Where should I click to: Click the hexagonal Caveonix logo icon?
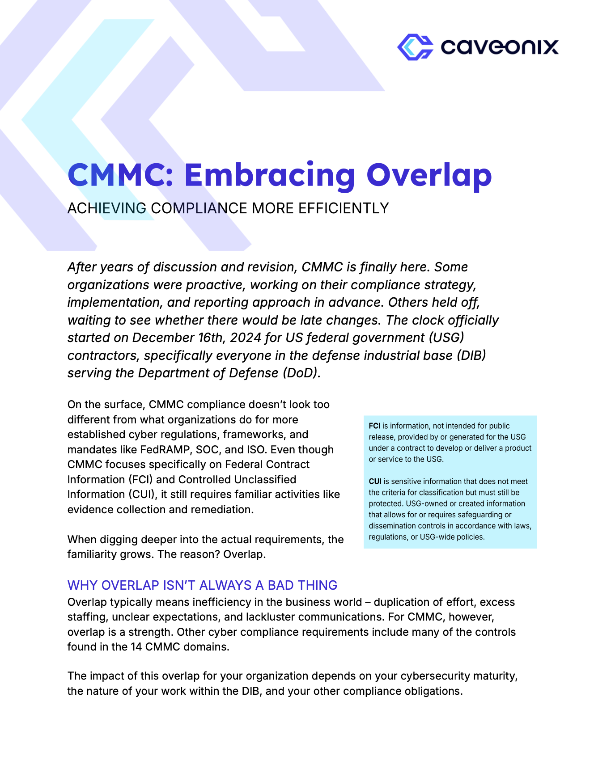pyautogui.click(x=415, y=47)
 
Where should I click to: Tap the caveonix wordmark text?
pyautogui.click(x=499, y=47)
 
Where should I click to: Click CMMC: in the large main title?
pyautogui.click(x=120, y=175)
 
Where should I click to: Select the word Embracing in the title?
pyautogui.click(x=270, y=175)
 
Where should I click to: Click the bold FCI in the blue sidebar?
pyautogui.click(x=374, y=426)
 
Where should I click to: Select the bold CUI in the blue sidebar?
pyautogui.click(x=375, y=482)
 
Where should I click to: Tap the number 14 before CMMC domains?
pyautogui.click(x=136, y=647)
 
